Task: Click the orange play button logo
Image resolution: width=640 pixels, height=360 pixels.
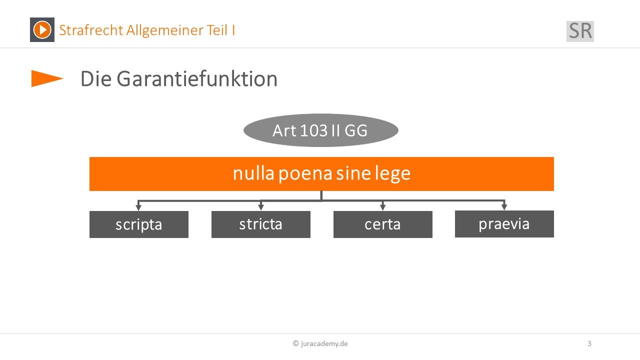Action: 42,29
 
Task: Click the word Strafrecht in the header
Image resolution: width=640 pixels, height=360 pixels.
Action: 91,30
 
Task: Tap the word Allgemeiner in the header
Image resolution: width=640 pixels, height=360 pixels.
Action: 164,30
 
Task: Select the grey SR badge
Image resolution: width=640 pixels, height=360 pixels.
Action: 580,31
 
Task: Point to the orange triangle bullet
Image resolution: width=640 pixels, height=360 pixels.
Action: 47,78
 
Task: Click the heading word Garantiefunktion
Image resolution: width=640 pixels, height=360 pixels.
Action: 197,79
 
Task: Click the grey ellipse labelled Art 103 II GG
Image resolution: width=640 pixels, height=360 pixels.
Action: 321,130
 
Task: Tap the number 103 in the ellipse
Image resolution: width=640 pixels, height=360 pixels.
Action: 313,131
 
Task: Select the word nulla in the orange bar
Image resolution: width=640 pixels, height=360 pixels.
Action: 253,173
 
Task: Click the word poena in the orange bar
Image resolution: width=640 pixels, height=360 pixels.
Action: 305,174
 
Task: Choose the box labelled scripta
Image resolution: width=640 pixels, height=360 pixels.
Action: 139,224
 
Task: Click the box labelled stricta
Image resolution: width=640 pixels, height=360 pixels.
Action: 261,224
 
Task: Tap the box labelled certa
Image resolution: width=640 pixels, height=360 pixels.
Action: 383,224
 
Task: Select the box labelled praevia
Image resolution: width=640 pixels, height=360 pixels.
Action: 504,224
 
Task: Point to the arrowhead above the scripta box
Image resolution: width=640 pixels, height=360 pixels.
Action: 138,207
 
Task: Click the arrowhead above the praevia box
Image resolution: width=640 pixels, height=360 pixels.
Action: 504,207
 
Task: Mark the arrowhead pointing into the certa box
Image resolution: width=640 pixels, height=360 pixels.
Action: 383,207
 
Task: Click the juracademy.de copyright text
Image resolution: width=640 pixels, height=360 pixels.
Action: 320,343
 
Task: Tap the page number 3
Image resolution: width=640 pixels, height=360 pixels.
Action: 589,343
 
